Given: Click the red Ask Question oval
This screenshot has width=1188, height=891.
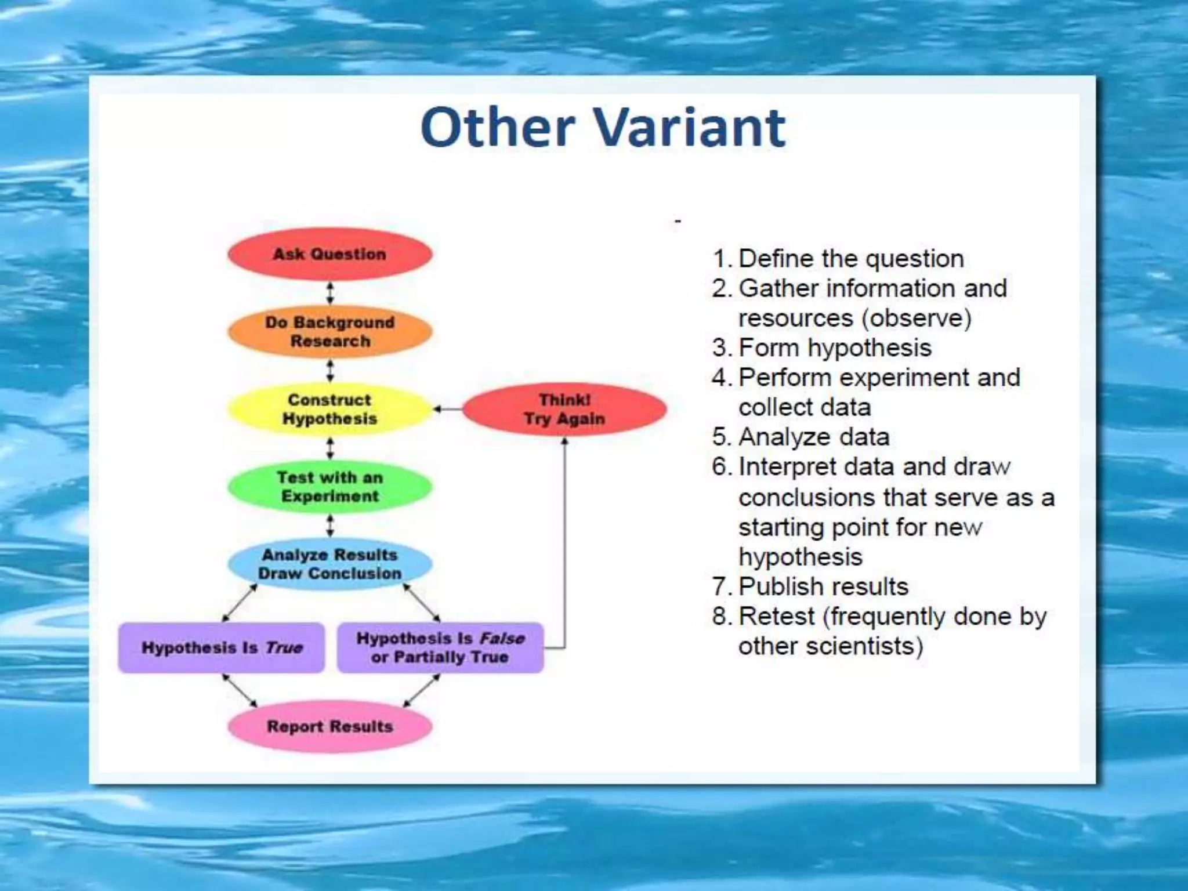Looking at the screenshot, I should [329, 254].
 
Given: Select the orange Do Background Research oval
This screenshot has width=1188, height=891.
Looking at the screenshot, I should [329, 331].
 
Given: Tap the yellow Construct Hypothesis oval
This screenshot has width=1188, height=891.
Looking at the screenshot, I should [329, 409].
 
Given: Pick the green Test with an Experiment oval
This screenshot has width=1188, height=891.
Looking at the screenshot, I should [329, 487].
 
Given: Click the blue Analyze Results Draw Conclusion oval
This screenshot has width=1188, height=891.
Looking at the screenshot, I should [329, 564].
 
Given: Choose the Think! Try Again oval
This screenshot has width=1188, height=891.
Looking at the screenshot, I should [564, 409].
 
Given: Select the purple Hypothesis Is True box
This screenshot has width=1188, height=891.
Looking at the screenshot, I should [222, 647].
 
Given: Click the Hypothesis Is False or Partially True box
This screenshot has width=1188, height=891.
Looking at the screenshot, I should [440, 647].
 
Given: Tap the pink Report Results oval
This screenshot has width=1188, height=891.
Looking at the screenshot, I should [329, 726].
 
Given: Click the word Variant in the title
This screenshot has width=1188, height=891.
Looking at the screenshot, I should [690, 128].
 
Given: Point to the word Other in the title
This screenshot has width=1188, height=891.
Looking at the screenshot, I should [498, 128].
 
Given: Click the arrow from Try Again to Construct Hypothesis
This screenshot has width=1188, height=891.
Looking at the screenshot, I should [448, 410].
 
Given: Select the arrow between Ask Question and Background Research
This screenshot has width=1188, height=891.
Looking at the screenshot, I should [330, 293].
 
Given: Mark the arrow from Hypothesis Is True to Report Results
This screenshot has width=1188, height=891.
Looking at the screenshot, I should [240, 691].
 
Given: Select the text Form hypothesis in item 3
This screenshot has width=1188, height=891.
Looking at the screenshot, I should [835, 347].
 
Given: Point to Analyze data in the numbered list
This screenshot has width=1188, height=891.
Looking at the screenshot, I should [813, 437].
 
